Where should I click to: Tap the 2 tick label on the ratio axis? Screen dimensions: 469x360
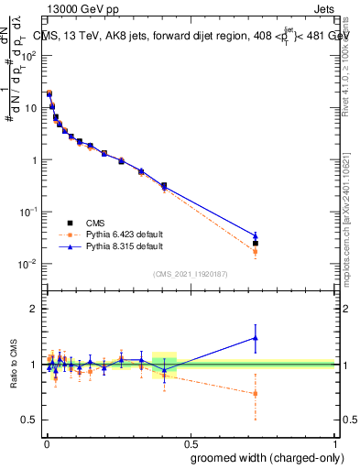pos(34,309)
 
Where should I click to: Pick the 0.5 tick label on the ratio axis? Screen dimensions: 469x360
pos(30,420)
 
